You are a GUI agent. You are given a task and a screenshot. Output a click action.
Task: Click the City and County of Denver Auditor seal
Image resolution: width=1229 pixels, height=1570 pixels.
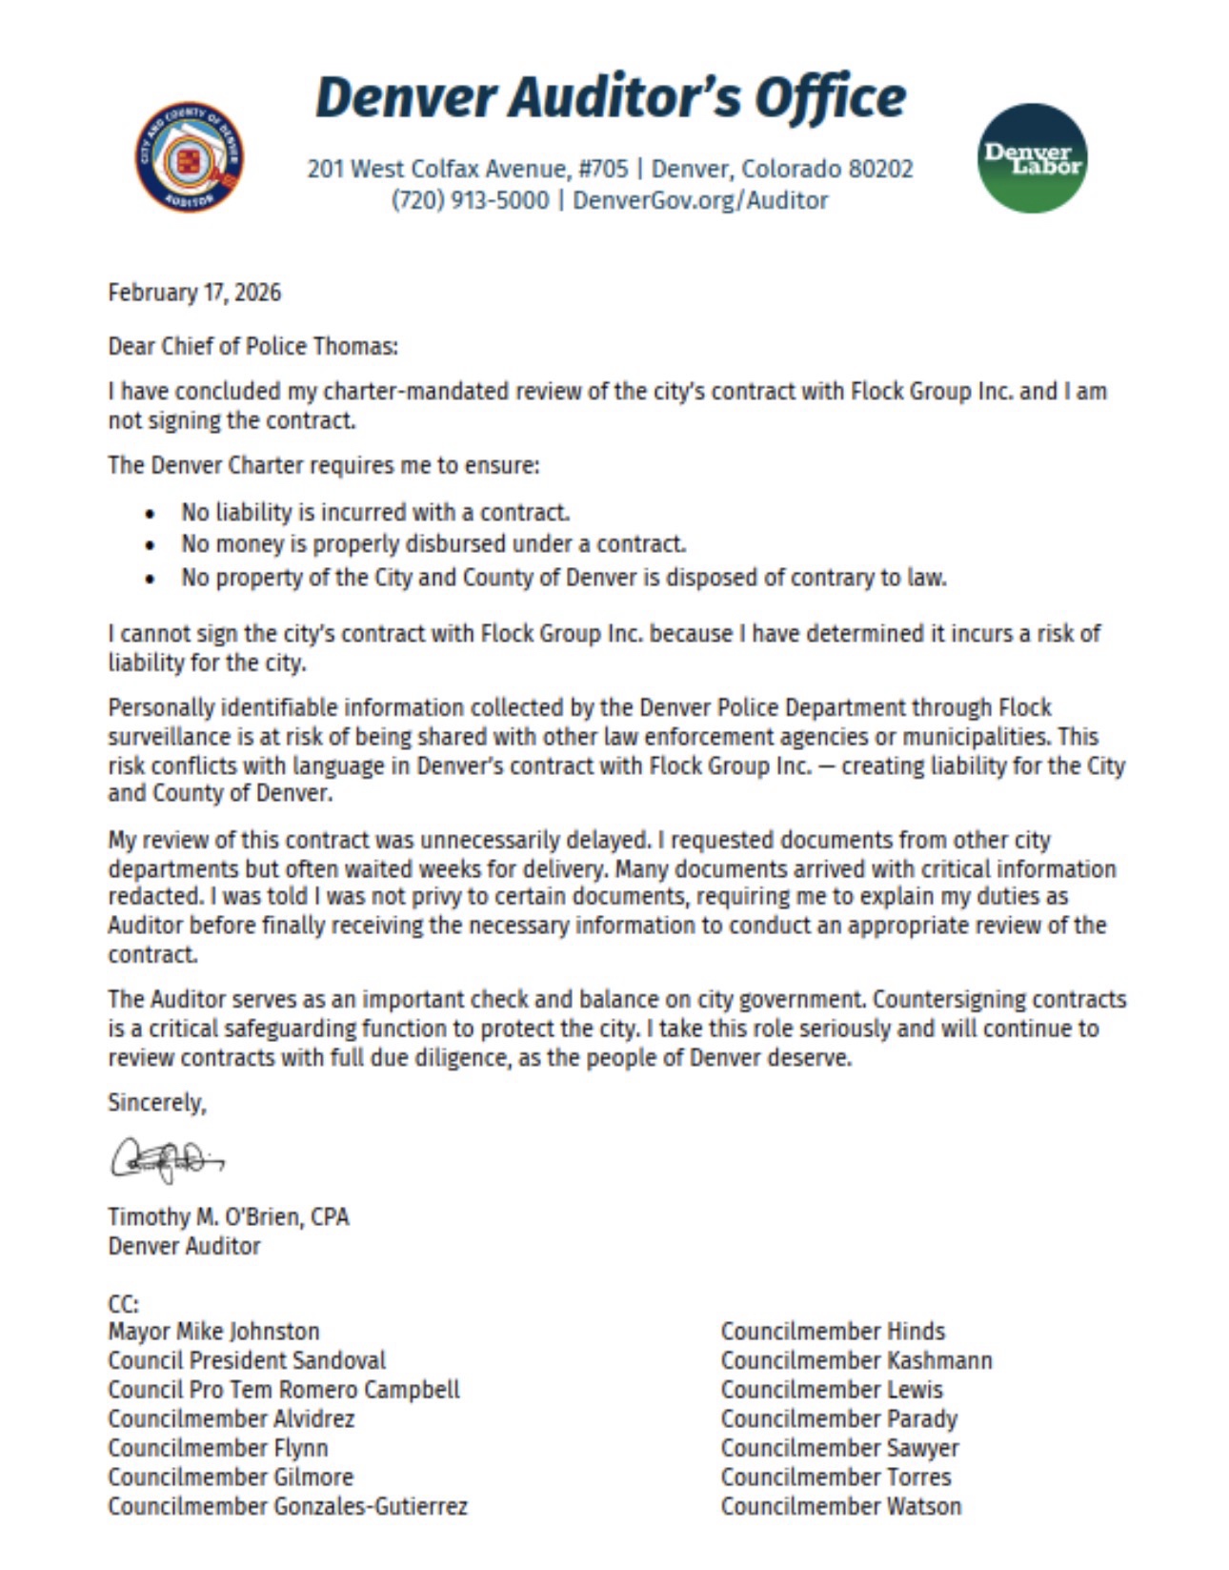point(189,157)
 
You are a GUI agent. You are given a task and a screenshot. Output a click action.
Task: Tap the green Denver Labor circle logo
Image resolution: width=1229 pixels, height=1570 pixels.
point(1032,158)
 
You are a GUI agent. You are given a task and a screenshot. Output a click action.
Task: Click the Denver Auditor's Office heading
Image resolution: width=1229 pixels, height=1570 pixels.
point(610,97)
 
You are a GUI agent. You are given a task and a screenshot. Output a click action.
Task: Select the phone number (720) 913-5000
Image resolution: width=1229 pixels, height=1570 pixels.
point(470,200)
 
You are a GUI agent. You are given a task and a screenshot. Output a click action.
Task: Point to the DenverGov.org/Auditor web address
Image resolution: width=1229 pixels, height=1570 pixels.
point(700,200)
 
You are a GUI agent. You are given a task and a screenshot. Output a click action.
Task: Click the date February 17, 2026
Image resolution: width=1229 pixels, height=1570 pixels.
point(194,292)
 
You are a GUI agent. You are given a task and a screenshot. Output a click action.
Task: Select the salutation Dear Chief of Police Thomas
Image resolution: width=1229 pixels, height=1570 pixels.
point(252,345)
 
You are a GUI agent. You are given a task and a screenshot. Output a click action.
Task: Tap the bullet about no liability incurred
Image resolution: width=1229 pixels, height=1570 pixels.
point(375,512)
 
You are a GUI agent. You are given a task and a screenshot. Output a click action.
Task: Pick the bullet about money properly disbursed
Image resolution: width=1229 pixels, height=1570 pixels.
point(433,544)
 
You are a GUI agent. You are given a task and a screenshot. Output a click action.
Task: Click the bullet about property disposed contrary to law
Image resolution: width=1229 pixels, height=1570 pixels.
point(564,578)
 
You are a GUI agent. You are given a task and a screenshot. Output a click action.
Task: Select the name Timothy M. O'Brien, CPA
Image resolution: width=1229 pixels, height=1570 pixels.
point(229,1216)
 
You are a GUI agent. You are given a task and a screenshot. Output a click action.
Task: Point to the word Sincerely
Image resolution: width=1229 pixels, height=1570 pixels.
point(156,1102)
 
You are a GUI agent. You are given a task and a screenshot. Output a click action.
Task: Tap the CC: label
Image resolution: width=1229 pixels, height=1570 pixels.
point(123,1303)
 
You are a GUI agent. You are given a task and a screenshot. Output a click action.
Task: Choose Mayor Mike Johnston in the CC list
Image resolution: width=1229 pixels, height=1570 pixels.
point(213,1331)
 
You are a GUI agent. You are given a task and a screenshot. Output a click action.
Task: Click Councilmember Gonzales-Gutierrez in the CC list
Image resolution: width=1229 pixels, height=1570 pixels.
point(288,1506)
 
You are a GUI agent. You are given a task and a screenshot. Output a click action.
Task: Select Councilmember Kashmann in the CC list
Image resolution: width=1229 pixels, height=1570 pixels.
point(856,1360)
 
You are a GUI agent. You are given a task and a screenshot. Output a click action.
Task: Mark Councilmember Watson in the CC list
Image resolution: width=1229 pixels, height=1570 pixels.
point(841,1506)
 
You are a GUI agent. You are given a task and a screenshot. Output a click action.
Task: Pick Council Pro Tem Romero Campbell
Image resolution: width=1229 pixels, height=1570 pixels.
point(284,1389)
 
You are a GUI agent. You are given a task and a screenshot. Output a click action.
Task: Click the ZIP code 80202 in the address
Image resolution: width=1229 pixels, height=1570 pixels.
point(880,169)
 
